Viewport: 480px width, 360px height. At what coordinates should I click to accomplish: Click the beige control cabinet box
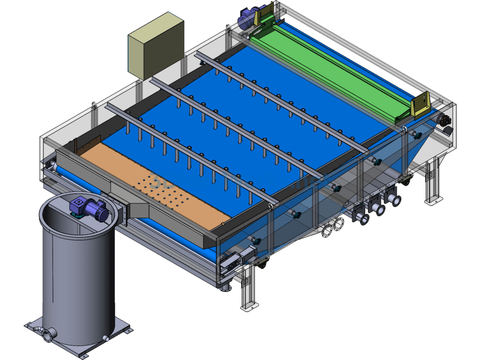156,46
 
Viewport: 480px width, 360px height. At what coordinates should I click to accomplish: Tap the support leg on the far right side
433,183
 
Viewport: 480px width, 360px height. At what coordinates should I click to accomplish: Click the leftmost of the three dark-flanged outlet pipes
361,217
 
